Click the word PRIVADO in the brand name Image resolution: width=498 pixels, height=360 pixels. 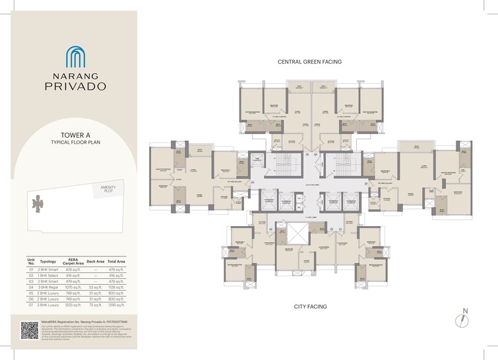click(75, 85)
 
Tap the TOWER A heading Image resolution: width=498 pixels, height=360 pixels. click(75, 135)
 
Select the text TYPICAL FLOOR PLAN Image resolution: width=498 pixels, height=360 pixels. click(75, 142)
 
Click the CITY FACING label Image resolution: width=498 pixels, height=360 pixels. click(310, 307)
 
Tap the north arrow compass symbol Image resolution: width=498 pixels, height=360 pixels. click(464, 319)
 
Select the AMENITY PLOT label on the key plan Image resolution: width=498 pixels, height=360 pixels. click(108, 189)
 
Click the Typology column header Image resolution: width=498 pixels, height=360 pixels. click(48, 261)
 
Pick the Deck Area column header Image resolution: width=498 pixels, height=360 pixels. click(95, 261)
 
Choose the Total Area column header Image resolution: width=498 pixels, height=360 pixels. click(117, 261)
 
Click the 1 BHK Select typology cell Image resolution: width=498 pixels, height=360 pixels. click(49, 276)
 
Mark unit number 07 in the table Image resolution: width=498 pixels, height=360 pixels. click(30, 305)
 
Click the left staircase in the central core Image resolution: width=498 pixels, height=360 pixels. click(285, 164)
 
